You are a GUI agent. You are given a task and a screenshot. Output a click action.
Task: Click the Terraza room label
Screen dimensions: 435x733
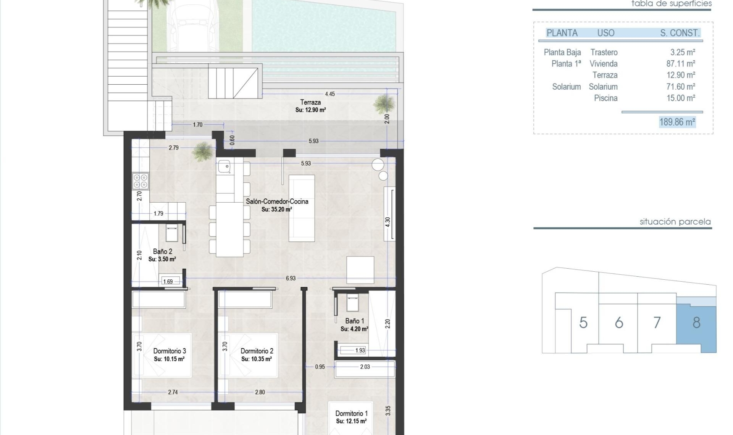[x=310, y=102]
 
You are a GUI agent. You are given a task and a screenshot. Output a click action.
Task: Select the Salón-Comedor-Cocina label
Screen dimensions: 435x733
[x=277, y=201]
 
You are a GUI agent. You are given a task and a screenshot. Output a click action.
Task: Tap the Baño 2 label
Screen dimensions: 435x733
[x=163, y=251]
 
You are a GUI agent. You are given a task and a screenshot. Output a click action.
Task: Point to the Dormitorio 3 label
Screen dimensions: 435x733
[x=170, y=351]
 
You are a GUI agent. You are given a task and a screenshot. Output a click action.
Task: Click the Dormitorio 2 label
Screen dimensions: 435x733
[x=257, y=351]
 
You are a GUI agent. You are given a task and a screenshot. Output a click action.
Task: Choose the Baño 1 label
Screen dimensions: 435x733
[x=355, y=321]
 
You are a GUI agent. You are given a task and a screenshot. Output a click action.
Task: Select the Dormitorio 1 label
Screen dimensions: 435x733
[x=351, y=413]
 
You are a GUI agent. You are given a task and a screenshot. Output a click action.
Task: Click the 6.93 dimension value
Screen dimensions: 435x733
[x=291, y=279]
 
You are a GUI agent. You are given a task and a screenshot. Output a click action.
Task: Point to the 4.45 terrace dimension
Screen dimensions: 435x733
[x=330, y=94]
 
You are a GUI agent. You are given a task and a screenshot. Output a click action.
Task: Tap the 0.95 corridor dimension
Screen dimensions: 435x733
[x=320, y=367]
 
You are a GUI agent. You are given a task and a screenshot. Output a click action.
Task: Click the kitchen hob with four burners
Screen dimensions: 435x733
[x=140, y=181]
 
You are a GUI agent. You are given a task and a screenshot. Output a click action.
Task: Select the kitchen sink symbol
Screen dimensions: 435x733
[x=224, y=167]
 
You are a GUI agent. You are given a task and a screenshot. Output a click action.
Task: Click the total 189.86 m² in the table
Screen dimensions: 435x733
[x=677, y=122]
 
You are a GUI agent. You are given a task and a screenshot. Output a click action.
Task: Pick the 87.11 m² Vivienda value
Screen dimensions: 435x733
[x=681, y=64]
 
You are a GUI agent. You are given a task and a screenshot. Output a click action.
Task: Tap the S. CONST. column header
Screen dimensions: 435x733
[x=680, y=33]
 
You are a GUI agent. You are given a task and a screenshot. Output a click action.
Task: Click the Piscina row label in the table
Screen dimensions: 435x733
[x=605, y=98]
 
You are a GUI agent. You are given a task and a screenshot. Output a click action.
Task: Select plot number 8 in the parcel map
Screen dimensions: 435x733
[x=696, y=323]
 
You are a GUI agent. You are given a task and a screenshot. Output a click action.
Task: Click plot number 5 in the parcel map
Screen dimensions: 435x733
[x=583, y=323]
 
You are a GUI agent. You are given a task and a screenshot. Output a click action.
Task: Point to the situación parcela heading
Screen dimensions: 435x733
[x=675, y=222]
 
